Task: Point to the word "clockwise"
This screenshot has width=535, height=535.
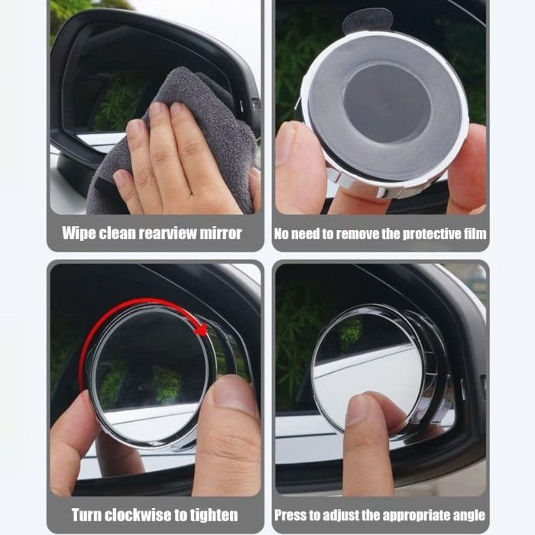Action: tap(141, 515)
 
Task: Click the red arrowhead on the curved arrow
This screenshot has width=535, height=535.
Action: tap(201, 330)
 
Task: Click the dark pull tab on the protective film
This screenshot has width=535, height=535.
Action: tap(367, 20)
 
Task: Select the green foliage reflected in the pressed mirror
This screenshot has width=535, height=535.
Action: tap(351, 331)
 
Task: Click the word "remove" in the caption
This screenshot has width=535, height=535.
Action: tap(357, 234)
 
